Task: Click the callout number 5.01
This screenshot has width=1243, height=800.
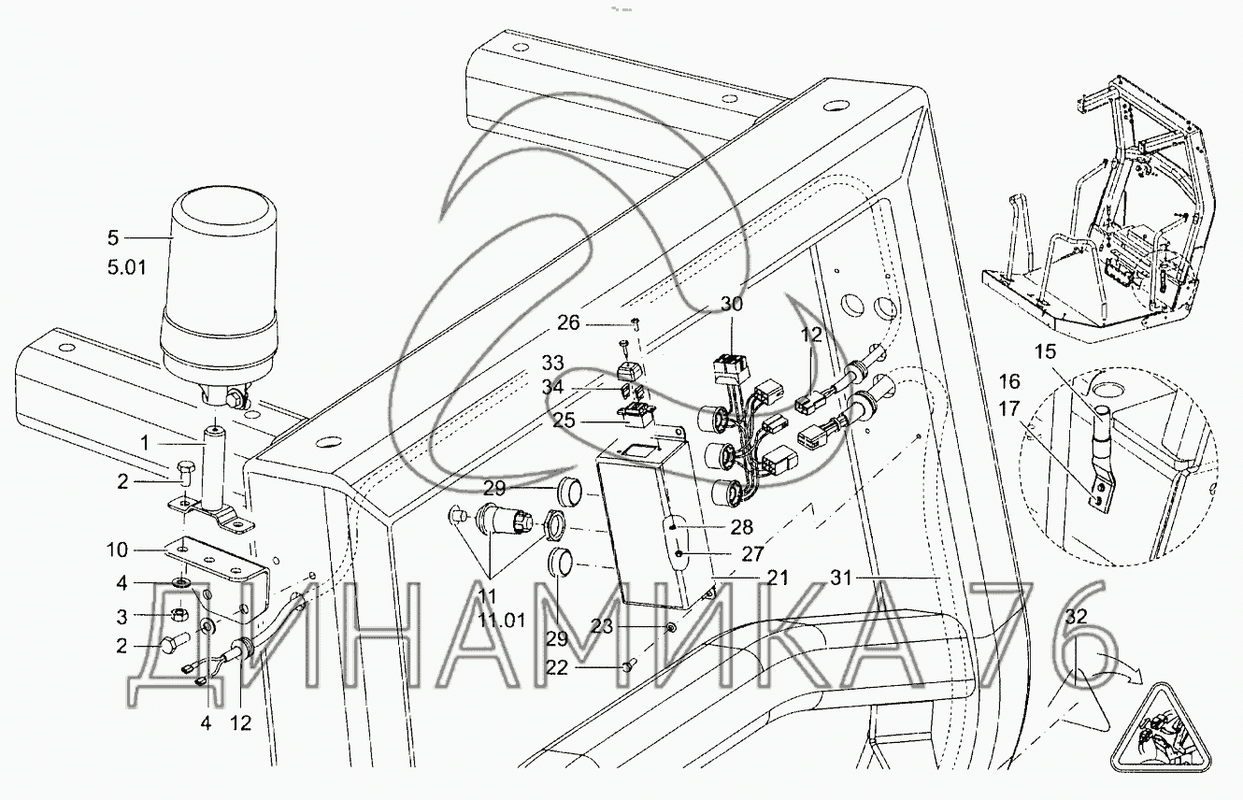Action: tap(127, 268)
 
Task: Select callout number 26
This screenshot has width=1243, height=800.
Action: tap(568, 322)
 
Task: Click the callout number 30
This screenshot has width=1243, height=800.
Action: tap(732, 304)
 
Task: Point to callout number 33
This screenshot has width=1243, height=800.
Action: tap(552, 364)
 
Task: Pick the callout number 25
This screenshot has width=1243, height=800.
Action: tap(564, 421)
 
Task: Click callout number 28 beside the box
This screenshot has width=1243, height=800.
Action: tap(741, 527)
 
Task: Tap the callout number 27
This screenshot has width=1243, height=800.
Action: tap(752, 553)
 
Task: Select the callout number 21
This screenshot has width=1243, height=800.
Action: tap(777, 579)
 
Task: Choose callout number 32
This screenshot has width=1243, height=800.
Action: tap(1076, 617)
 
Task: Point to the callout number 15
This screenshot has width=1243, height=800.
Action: tap(1046, 351)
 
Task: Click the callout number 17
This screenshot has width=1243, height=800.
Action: tap(1009, 408)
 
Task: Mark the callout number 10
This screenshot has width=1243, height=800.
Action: tap(117, 550)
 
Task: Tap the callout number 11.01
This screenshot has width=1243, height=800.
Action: tap(502, 621)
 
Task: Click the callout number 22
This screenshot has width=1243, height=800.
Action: tap(557, 668)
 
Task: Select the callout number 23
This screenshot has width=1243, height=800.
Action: tap(601, 627)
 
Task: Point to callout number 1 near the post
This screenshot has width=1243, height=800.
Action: tap(145, 443)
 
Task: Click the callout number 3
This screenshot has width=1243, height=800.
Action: tap(121, 617)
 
